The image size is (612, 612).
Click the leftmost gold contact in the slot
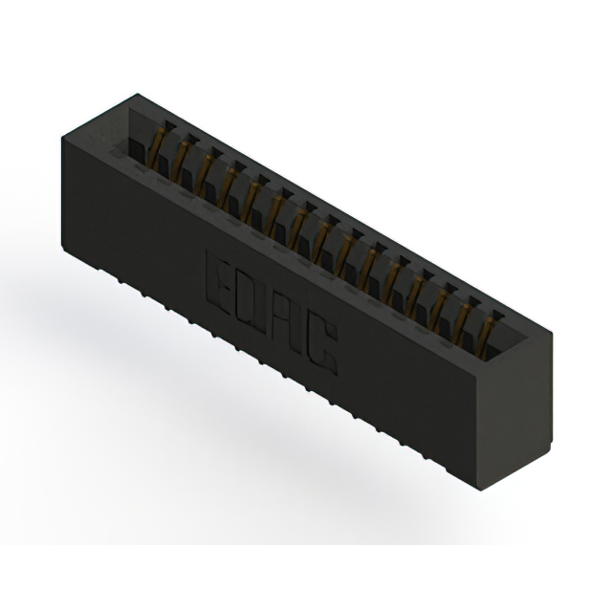click(157, 150)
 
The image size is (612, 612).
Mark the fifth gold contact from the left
click(251, 202)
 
